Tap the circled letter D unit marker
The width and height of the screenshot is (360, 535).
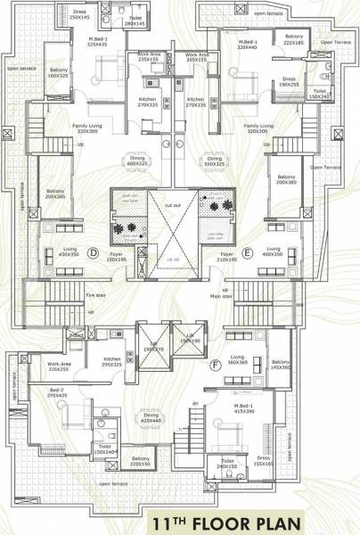93,252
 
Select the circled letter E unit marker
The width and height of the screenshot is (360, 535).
247,252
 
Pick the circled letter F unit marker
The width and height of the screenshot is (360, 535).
215,364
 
